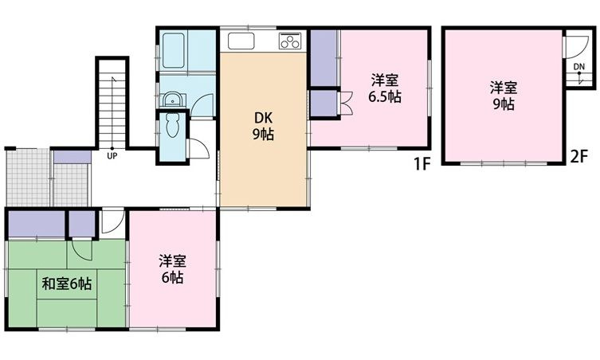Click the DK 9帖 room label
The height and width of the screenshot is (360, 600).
(x=263, y=127)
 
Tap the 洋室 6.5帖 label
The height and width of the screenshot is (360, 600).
(x=385, y=88)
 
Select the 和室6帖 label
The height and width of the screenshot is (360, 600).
(x=67, y=284)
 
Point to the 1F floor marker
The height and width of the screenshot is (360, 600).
(x=422, y=164)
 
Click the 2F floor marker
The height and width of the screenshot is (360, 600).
(x=578, y=156)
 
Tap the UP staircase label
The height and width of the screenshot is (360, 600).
(x=112, y=155)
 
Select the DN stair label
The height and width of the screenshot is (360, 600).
(x=579, y=67)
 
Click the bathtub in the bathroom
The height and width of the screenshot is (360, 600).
(x=174, y=50)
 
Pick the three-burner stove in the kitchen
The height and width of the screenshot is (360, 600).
(x=290, y=41)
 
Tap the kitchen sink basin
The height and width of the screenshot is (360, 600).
(x=241, y=41)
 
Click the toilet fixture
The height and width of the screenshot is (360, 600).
(x=173, y=124)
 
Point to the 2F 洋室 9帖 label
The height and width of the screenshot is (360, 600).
(x=504, y=96)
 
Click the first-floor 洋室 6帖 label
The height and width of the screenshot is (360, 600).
(x=172, y=269)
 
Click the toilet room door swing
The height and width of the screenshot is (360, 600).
(x=199, y=148)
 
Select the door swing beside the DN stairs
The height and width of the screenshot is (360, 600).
(x=577, y=46)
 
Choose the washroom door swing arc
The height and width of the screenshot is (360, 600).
(x=202, y=105)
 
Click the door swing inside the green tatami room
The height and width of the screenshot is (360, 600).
(x=82, y=250)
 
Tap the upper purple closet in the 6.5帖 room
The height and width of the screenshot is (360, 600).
(x=324, y=58)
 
